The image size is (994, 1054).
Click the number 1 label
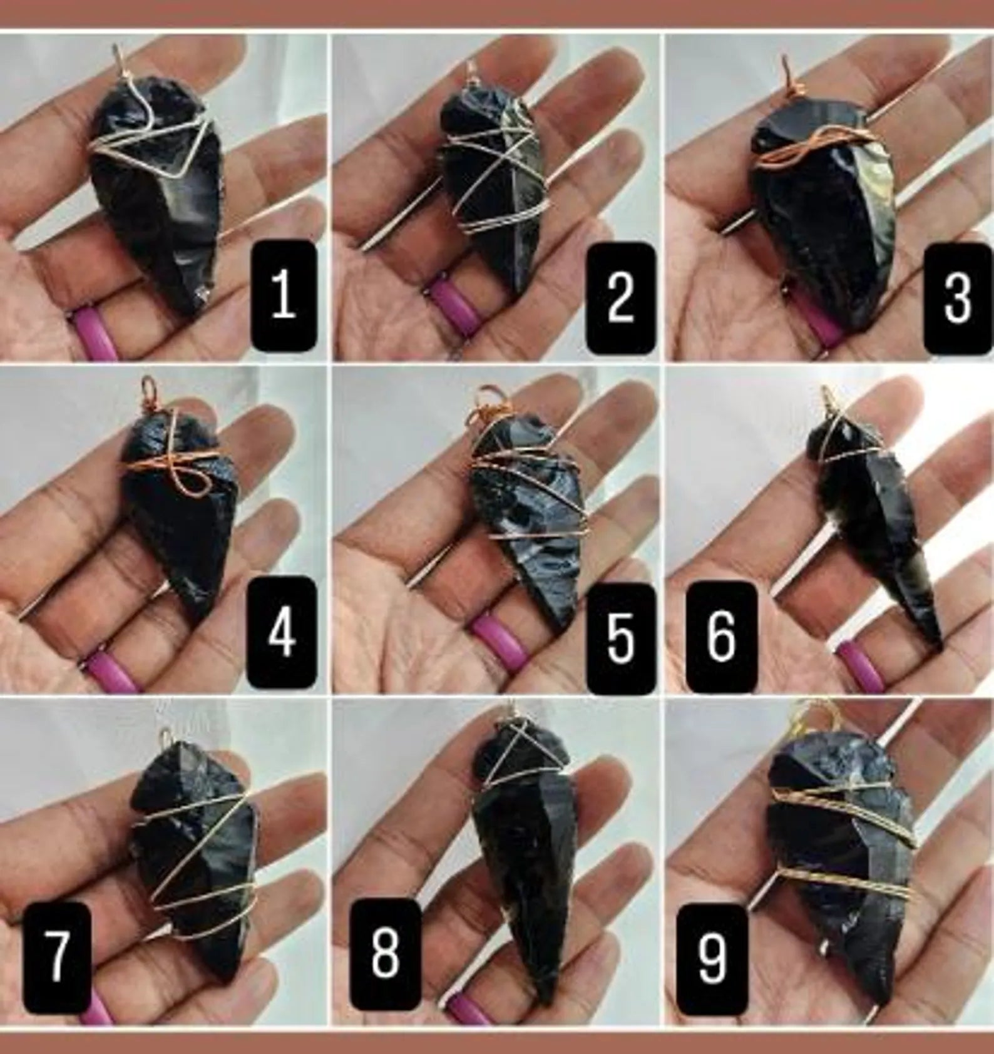(283, 295)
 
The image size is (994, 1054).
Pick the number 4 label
(281, 633)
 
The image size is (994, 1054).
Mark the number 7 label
(56, 956)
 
